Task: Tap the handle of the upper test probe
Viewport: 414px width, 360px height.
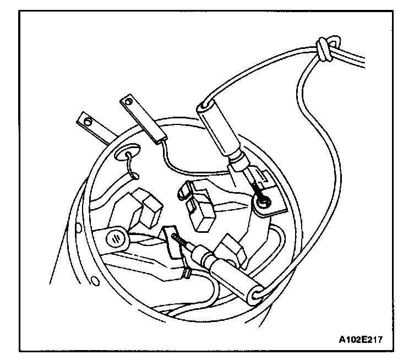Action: pos(220,132)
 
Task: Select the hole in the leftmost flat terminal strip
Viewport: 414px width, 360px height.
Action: pos(85,118)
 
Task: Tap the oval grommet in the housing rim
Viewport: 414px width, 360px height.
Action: pos(127,153)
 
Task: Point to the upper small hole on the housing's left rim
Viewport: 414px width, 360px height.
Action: pos(79,227)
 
